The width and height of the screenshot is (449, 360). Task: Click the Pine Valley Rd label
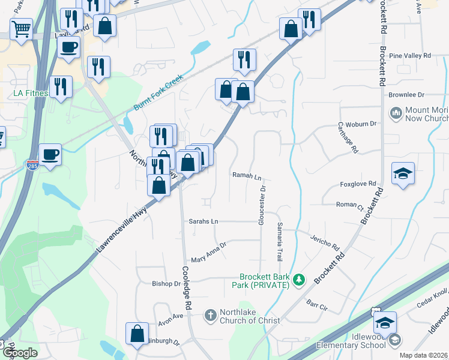click(410, 56)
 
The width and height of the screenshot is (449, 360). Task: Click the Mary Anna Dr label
click(208, 253)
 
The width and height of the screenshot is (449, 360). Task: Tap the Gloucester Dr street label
click(262, 206)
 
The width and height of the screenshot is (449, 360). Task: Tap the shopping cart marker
click(21, 29)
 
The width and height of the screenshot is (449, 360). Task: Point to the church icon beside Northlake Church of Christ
click(210, 314)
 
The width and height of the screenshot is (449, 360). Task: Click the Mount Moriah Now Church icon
click(396, 113)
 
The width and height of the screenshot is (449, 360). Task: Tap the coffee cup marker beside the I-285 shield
click(50, 155)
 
